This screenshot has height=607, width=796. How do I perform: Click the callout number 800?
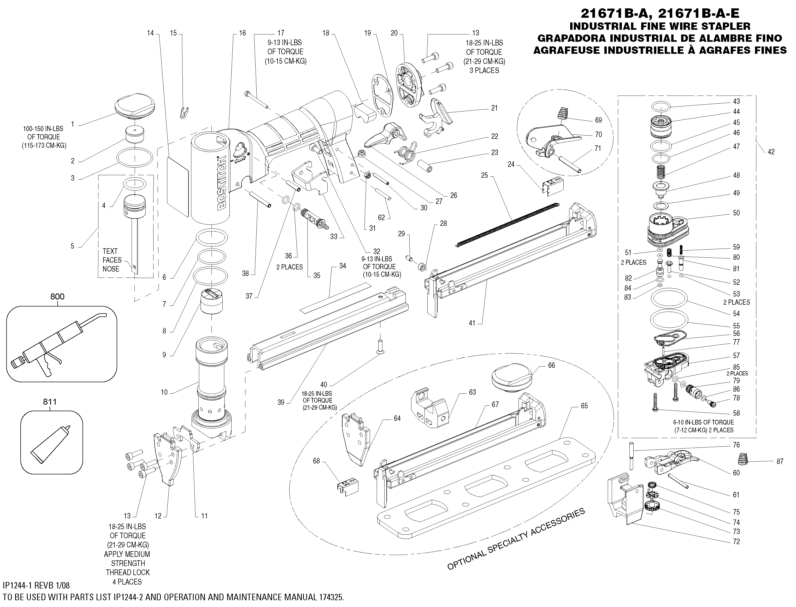(x=57, y=297)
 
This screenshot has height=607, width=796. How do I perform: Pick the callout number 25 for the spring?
(x=484, y=175)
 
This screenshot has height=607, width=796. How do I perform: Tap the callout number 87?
(x=780, y=461)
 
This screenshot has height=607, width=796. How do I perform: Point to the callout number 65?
(x=584, y=406)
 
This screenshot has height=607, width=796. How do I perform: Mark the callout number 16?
(x=242, y=33)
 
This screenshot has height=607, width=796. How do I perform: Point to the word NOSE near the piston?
(x=111, y=269)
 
